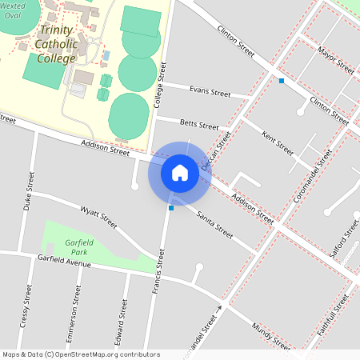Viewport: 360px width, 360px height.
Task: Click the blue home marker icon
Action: coord(180,173)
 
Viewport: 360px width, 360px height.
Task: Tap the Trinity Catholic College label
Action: coord(57,44)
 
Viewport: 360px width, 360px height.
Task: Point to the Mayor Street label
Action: coord(335,58)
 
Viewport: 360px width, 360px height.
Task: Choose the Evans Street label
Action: coord(188,91)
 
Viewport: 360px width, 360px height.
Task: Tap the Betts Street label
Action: coord(199,126)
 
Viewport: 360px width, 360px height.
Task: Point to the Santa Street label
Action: coord(214,224)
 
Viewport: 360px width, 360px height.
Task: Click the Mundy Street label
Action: coord(270,337)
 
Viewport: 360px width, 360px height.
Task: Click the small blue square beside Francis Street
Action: coord(171,208)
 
